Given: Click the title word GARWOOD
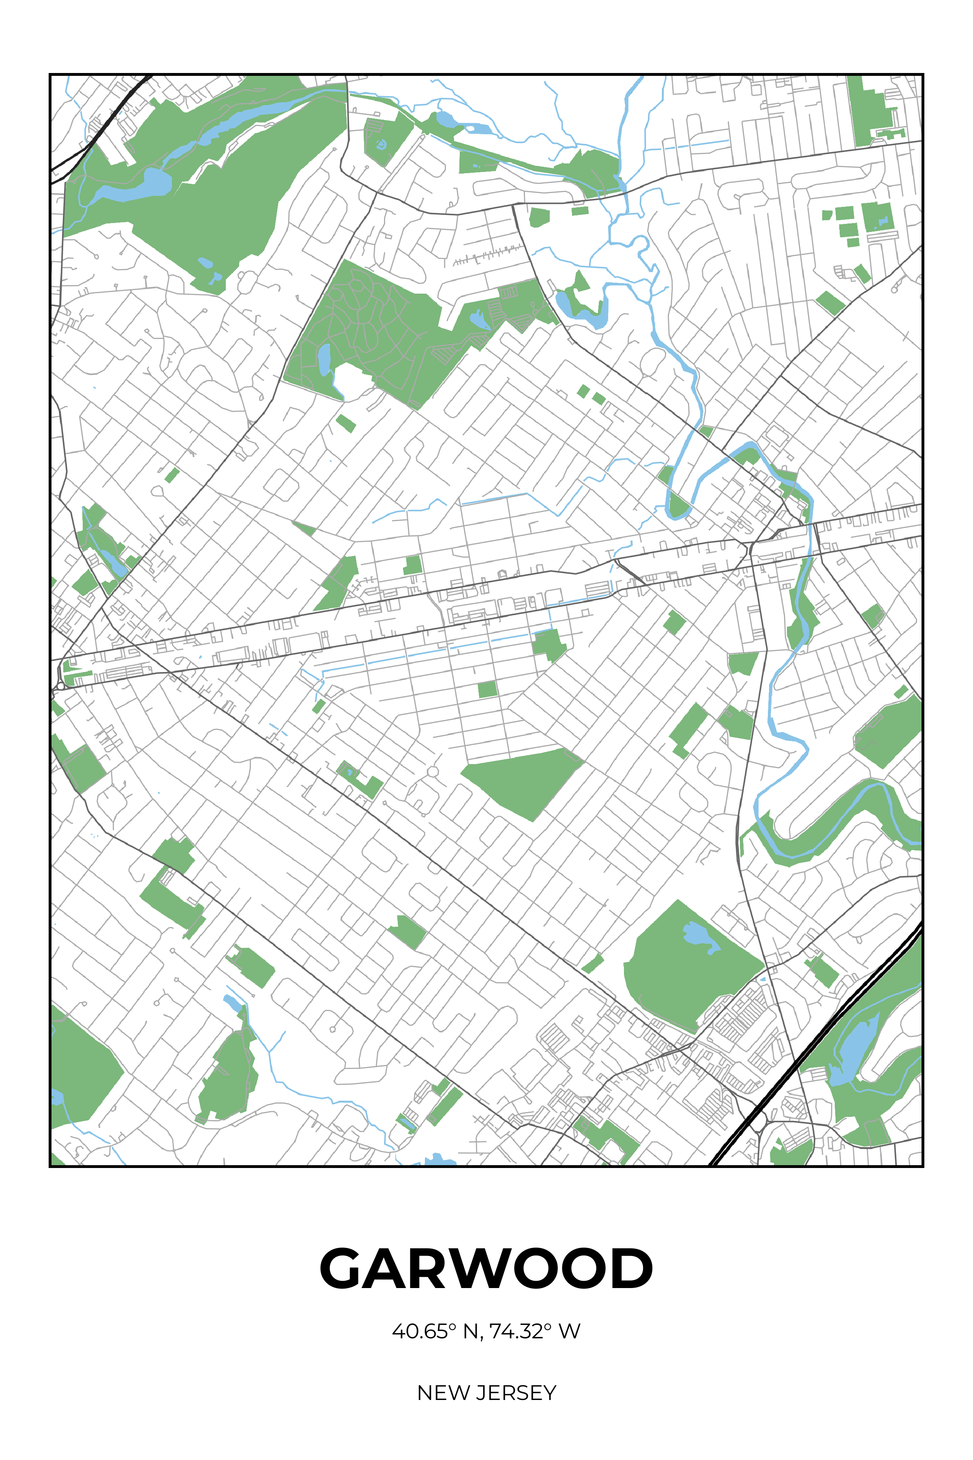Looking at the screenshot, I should click(x=486, y=1268).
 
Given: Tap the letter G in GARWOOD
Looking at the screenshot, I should click(x=343, y=1268).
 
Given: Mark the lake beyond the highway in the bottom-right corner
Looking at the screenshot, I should click(x=853, y=1049).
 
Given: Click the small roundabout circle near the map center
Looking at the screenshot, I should click(x=433, y=772).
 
